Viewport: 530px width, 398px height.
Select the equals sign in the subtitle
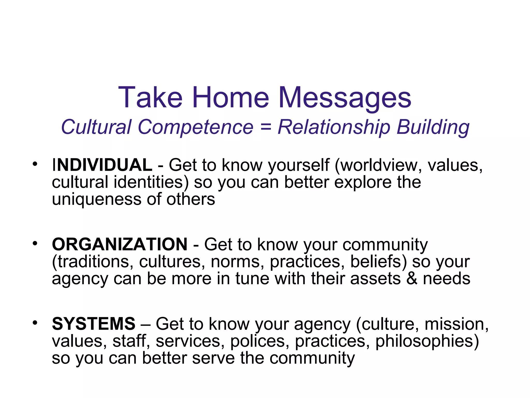click(x=266, y=127)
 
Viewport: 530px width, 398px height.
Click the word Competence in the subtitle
click(x=196, y=127)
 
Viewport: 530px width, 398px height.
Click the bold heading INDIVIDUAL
click(x=102, y=165)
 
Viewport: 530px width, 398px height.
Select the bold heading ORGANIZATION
click(x=120, y=244)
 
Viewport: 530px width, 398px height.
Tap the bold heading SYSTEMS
click(x=94, y=324)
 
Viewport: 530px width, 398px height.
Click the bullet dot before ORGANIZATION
click(x=35, y=243)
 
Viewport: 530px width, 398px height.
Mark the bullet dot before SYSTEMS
click(x=35, y=323)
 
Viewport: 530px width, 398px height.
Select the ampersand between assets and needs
click(x=412, y=279)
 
